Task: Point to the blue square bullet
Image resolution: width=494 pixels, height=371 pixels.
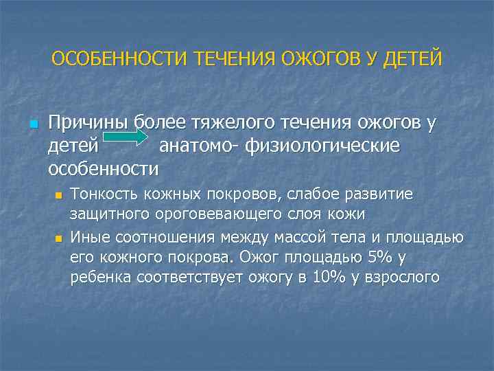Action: tap(32, 124)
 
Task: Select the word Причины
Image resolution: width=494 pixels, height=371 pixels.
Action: tap(89, 124)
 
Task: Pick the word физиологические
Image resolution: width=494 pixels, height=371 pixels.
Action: tap(334, 146)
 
